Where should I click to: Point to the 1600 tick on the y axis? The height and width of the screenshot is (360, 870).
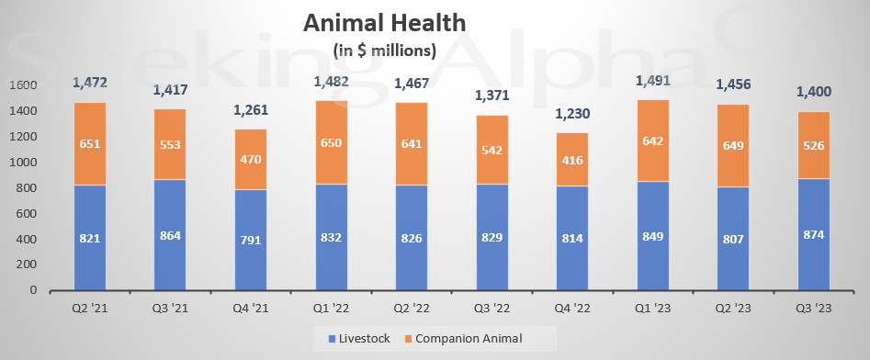[x=26, y=85]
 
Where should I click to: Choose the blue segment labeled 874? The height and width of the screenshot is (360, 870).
[x=814, y=234]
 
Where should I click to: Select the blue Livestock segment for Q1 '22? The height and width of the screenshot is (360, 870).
[x=331, y=237]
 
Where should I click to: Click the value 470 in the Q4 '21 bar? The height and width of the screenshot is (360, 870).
[x=251, y=159]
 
